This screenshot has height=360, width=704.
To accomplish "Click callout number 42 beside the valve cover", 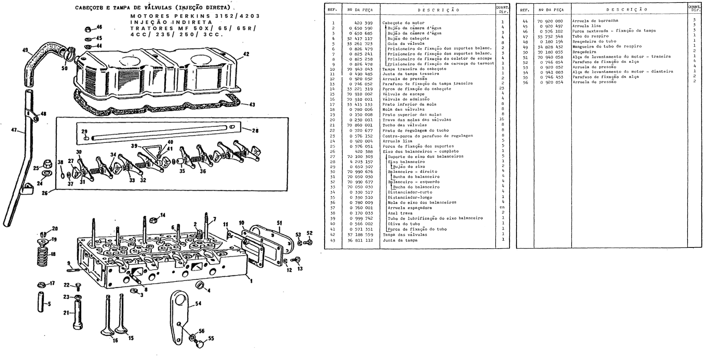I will (246, 54).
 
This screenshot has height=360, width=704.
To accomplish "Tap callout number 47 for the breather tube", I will (14, 130).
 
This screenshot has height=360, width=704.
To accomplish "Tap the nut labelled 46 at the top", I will (88, 29).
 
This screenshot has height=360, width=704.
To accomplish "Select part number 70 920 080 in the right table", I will (550, 21).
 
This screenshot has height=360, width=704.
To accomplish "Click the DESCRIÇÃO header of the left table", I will (438, 10).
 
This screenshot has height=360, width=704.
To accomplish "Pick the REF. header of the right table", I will (525, 10).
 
